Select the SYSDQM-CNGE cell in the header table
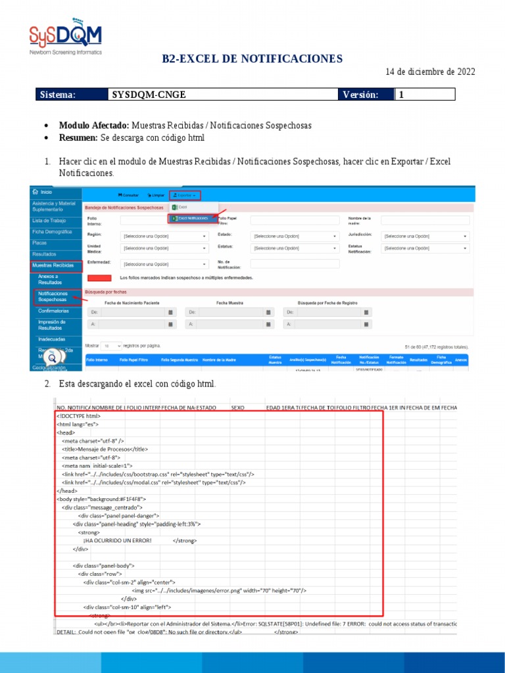(x=149, y=95)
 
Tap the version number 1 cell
(x=424, y=95)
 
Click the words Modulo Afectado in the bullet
(x=94, y=125)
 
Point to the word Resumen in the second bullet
(x=78, y=137)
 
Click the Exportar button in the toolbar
(x=184, y=195)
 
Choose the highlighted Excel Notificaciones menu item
(x=191, y=218)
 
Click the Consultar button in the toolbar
(x=129, y=195)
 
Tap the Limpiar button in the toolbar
(x=155, y=195)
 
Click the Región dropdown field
(x=164, y=236)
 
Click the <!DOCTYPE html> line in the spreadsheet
(x=79, y=416)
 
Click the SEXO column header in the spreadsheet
(x=238, y=407)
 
